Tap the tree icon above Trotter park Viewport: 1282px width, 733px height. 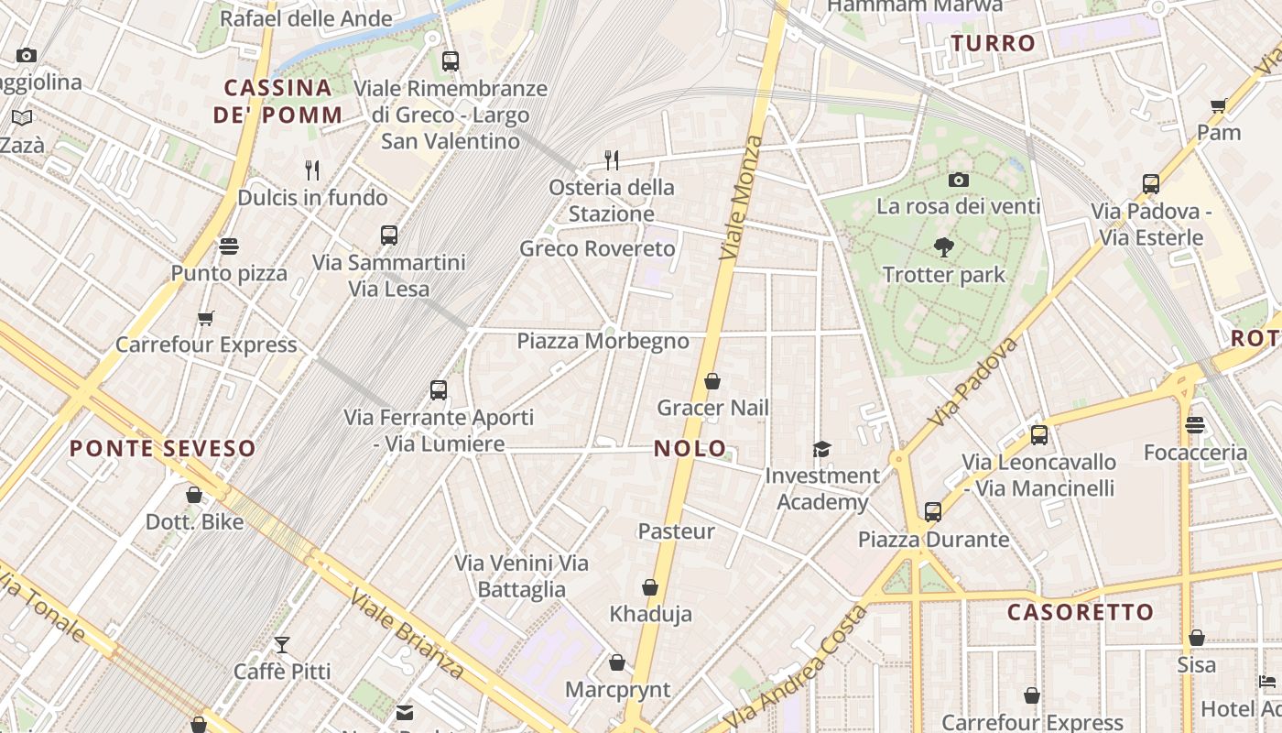[x=943, y=247]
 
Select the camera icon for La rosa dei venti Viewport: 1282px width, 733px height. [x=958, y=180]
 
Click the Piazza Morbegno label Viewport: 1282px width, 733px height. [x=603, y=341]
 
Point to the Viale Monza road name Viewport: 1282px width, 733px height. [x=742, y=198]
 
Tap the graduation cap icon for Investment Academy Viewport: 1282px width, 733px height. [x=821, y=449]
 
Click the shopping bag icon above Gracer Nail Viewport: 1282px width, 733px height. [x=712, y=381]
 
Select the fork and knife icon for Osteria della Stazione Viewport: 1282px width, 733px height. [x=612, y=160]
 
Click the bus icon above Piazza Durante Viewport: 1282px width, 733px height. [x=932, y=512]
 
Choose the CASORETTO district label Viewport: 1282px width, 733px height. [x=1081, y=612]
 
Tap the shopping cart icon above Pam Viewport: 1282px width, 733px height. [x=1219, y=105]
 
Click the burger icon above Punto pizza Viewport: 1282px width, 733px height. [x=229, y=246]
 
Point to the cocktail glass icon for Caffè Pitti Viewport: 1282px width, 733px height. [x=282, y=645]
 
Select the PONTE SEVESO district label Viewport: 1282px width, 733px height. [x=163, y=448]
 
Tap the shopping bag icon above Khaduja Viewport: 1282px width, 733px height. [x=650, y=587]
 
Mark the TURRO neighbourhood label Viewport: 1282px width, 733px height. [x=993, y=43]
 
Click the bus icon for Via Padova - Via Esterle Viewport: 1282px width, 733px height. [x=1151, y=184]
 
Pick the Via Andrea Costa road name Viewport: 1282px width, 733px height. [x=795, y=668]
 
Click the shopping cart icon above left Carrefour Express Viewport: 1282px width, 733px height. [x=206, y=318]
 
